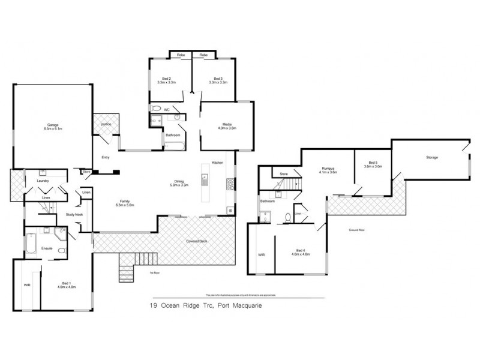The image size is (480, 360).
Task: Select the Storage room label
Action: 431,157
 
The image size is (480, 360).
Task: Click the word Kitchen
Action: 217,163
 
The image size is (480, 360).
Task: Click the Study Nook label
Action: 66,215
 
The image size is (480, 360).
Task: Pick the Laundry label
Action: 43,180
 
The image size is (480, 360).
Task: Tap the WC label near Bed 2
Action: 167,110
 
